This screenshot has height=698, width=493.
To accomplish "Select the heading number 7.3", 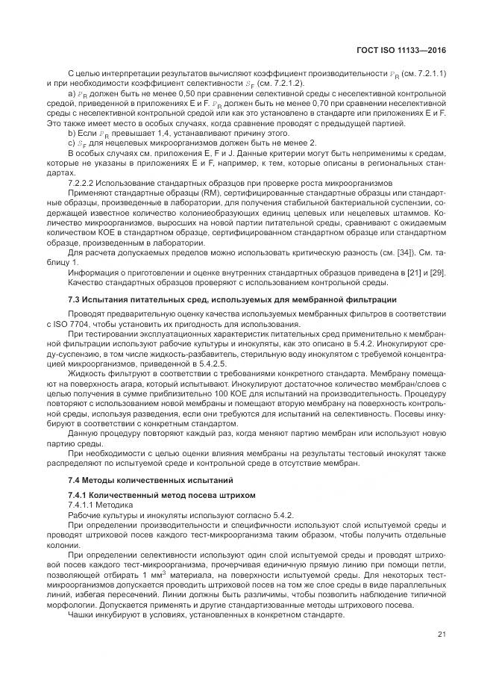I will click(x=75, y=299).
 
